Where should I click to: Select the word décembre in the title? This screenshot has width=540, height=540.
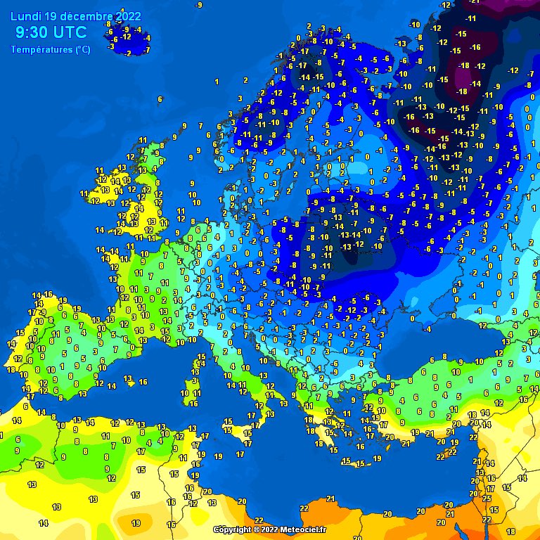click(89, 16)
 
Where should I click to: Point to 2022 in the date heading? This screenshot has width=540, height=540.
click(127, 16)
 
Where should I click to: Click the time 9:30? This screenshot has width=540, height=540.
click(31, 32)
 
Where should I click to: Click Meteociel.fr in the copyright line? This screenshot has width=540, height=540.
click(304, 529)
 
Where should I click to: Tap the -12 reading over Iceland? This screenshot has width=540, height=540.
click(127, 37)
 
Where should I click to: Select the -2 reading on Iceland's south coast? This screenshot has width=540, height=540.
click(129, 53)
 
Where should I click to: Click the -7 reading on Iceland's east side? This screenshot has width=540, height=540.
click(146, 50)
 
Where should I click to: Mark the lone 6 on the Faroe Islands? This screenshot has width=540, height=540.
click(160, 99)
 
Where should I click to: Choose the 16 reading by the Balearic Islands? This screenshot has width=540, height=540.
click(143, 382)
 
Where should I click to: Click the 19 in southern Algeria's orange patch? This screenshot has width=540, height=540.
click(136, 523)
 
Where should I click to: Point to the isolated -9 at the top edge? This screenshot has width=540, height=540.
click(200, 5)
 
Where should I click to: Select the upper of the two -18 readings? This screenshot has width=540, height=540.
click(464, 65)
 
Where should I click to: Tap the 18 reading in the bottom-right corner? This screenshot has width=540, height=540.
click(510, 532)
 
